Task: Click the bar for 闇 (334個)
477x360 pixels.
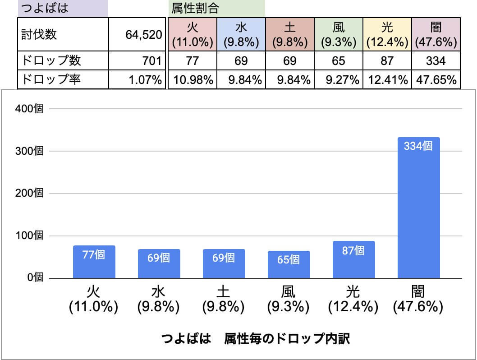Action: (418, 208)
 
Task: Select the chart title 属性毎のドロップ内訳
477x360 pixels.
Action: (255, 339)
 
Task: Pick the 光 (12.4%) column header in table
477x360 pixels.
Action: (387, 35)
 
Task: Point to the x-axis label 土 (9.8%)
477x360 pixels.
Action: (224, 299)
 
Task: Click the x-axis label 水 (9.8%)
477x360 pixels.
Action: (159, 299)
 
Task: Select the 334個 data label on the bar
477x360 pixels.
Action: (418, 146)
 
